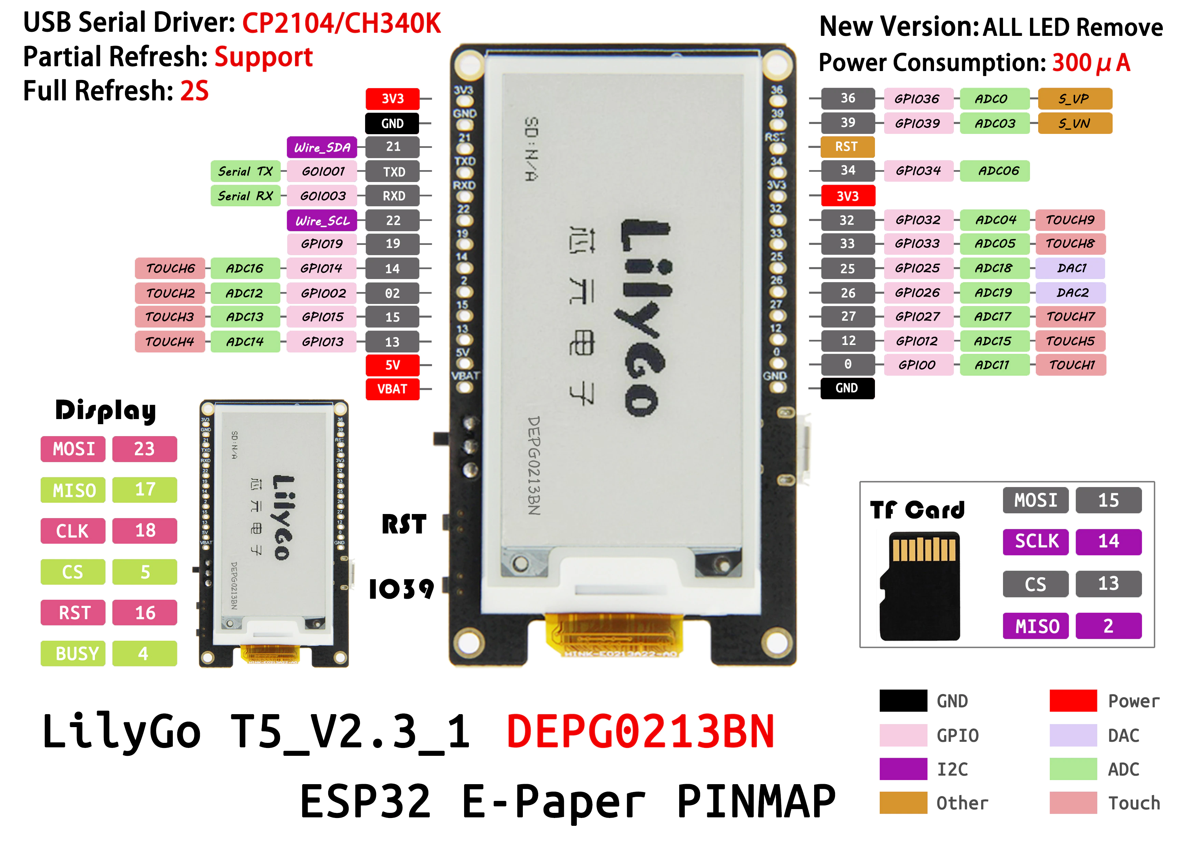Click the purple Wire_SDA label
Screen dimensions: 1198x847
(322, 147)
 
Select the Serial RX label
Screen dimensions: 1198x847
(245, 196)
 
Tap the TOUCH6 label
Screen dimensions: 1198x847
(170, 268)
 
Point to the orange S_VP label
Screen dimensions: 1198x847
(1075, 99)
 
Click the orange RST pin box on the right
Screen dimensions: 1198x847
(847, 147)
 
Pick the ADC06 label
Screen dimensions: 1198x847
(995, 171)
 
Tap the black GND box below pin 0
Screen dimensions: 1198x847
(847, 388)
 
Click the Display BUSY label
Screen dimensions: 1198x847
(73, 653)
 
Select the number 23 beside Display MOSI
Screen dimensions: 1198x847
(144, 449)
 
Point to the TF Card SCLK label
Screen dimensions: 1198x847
(1036, 542)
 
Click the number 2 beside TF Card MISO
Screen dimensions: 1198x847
(1109, 626)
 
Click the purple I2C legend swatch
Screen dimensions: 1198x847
(903, 769)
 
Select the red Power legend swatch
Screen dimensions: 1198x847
(1073, 700)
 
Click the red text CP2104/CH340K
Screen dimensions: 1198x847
(342, 24)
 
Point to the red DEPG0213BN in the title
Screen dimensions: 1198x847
(640, 732)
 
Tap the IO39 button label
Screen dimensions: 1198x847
(401, 589)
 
